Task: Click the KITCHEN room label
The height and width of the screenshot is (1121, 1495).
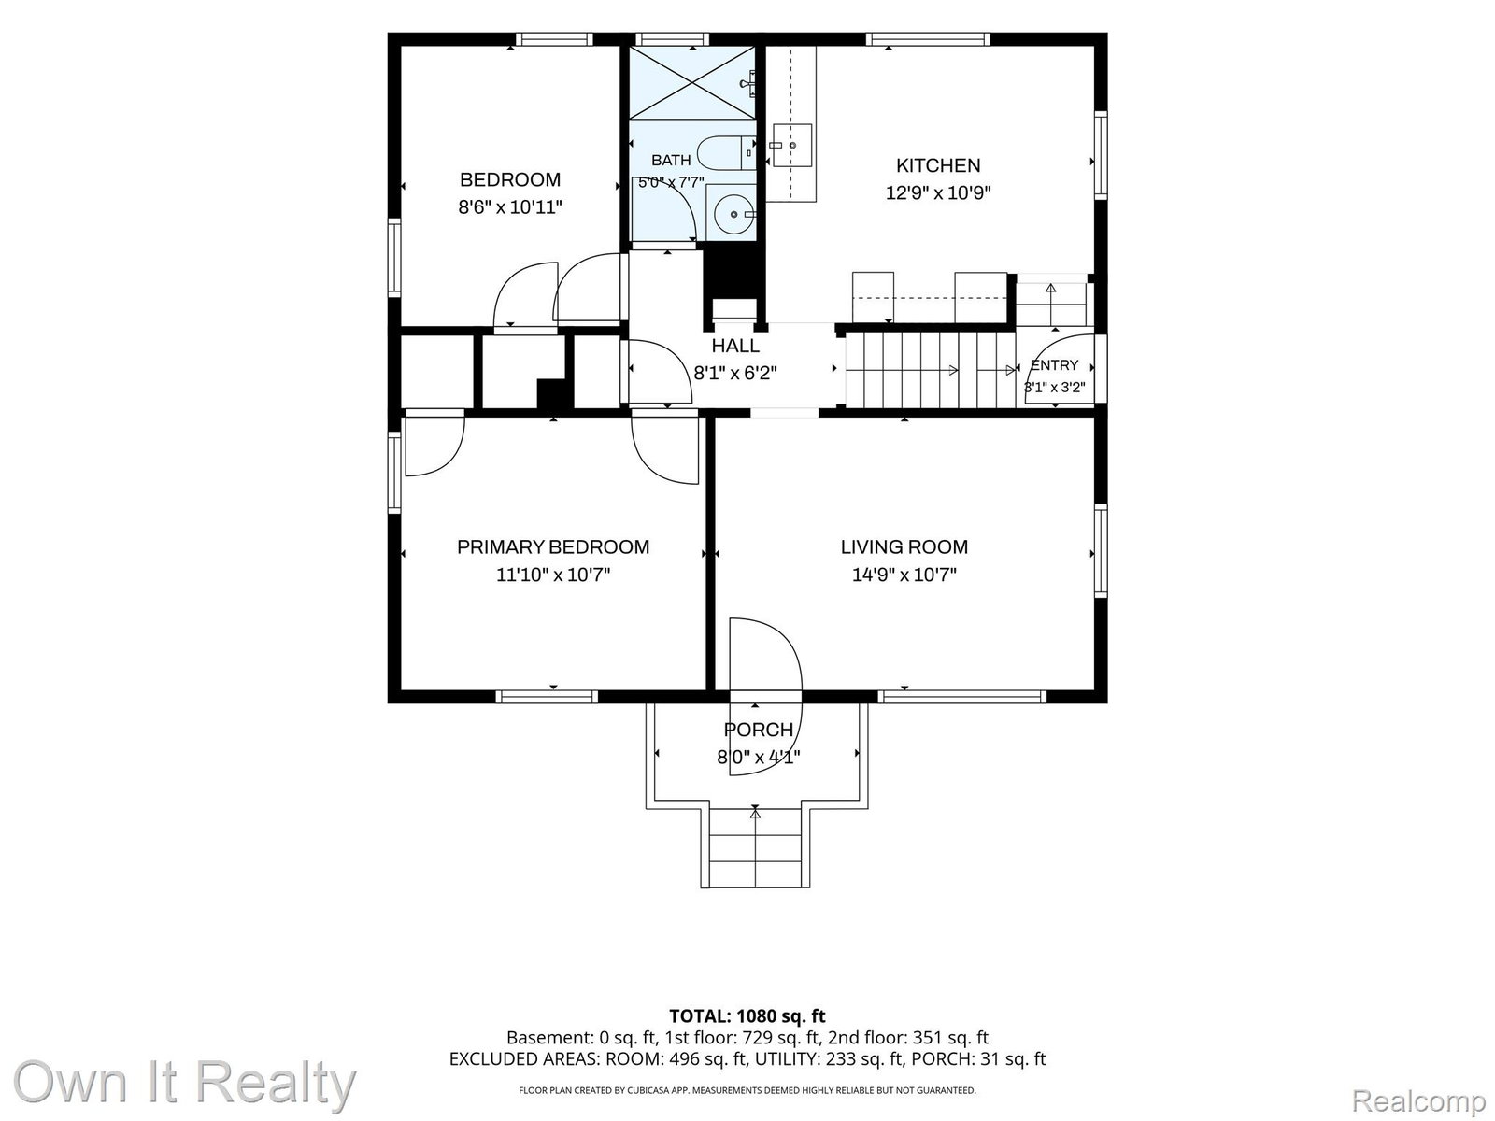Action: click(937, 165)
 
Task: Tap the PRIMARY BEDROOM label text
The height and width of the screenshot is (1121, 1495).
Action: click(552, 546)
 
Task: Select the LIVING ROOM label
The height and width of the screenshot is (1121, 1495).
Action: click(904, 546)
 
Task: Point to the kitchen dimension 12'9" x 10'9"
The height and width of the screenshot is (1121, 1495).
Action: click(937, 193)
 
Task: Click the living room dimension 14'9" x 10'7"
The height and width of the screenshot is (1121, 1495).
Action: click(904, 575)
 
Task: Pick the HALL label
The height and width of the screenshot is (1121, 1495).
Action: click(735, 346)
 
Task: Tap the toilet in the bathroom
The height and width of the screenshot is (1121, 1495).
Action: click(726, 152)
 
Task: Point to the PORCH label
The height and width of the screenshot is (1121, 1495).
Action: click(758, 730)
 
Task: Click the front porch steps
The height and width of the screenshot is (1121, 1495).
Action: click(755, 846)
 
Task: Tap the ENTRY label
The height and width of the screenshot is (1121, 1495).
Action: click(1054, 365)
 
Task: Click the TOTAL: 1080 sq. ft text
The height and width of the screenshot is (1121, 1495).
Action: click(747, 1016)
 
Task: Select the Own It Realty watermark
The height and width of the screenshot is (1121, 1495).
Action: click(184, 1082)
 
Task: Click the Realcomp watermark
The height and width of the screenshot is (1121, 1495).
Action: click(1418, 1100)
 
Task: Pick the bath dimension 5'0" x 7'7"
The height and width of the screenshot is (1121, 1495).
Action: click(671, 182)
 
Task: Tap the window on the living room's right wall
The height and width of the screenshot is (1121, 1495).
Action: click(1100, 550)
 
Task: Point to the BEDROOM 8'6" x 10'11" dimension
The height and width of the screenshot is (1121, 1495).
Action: click(509, 206)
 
